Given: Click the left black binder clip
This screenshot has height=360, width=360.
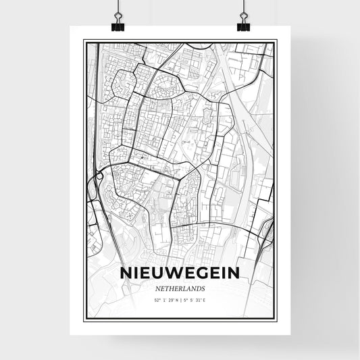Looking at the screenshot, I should point(118,25).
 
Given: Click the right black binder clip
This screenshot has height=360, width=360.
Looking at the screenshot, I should point(243,25).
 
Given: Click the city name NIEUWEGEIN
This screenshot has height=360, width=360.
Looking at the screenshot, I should point(180,272).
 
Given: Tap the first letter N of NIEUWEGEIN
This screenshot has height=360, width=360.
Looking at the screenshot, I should point(126,272).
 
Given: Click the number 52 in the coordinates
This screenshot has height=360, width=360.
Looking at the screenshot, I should point(156,301).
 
